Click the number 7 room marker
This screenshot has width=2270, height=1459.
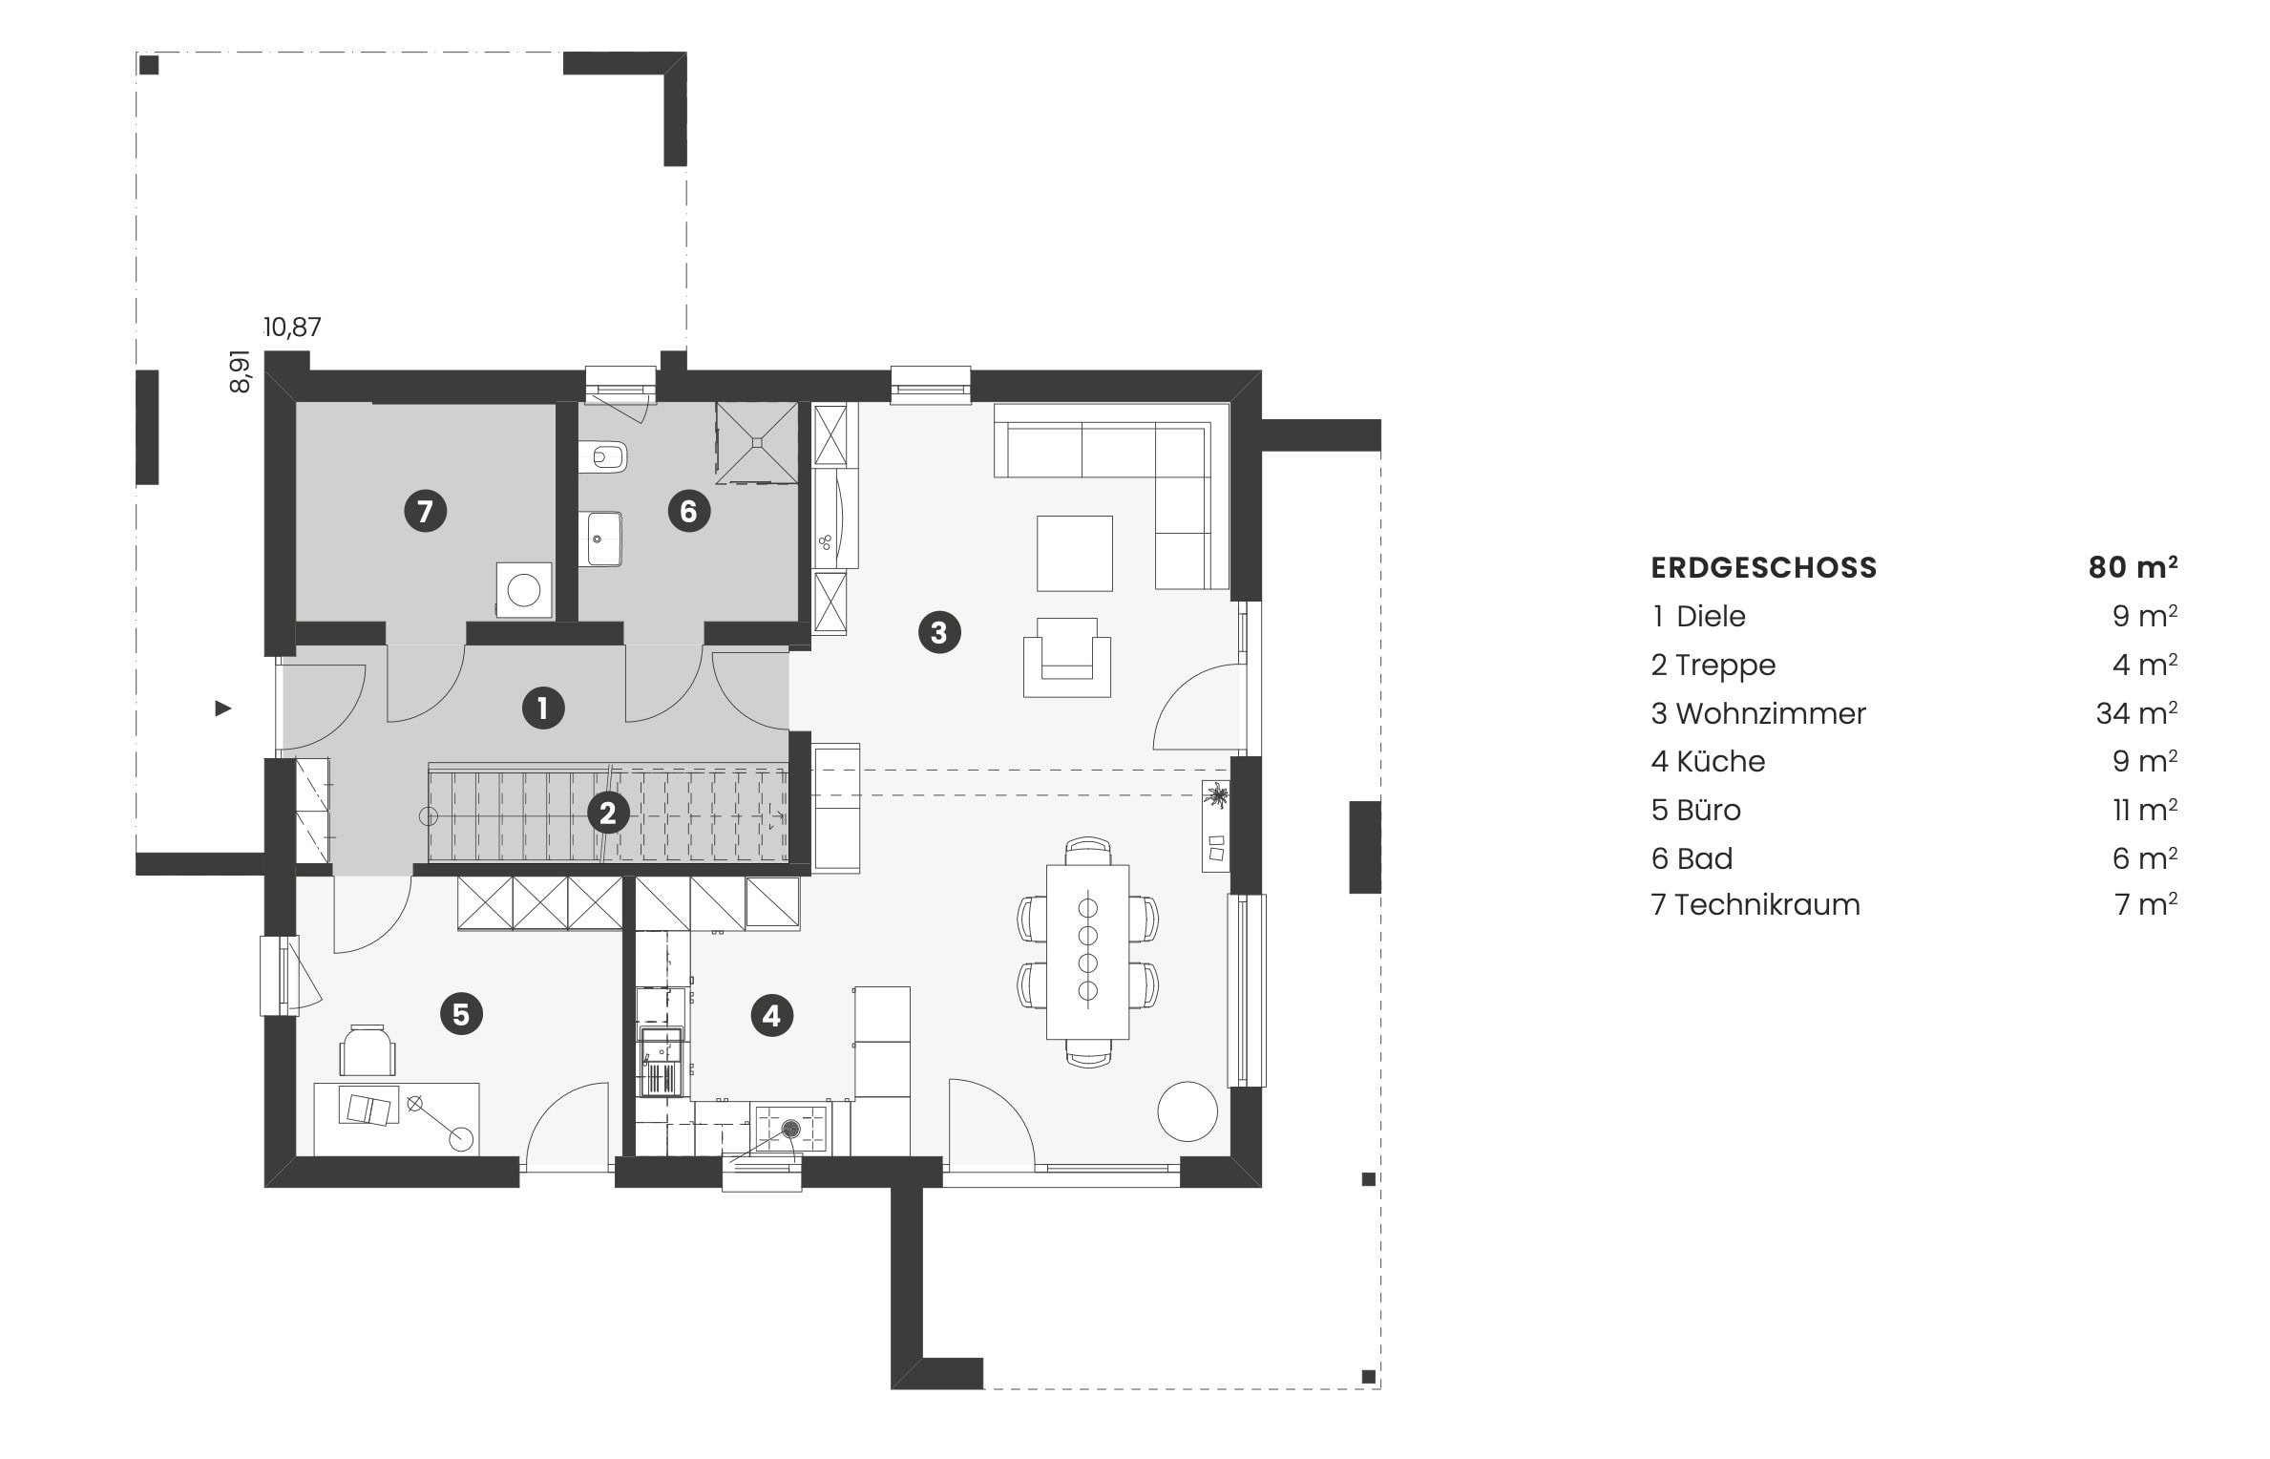(425, 511)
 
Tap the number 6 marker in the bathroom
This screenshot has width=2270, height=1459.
(688, 511)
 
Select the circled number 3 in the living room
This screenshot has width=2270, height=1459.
(938, 632)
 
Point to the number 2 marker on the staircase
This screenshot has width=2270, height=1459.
(607, 814)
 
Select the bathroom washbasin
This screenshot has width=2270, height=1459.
(601, 539)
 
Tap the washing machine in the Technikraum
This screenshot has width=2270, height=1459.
(524, 589)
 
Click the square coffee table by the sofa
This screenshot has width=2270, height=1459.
(1075, 553)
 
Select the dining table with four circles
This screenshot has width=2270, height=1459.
(1087, 951)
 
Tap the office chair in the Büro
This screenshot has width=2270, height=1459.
(368, 1050)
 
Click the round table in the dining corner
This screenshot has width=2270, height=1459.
(1188, 1110)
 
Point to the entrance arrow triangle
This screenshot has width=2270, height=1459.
(222, 708)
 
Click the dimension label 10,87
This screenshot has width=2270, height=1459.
(292, 328)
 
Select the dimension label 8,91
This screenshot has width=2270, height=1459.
(241, 370)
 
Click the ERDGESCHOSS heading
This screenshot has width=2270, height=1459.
(1763, 568)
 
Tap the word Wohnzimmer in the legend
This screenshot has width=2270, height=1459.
(1770, 713)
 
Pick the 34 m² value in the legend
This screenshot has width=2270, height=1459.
(2135, 713)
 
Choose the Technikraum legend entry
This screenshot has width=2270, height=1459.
(1766, 904)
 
